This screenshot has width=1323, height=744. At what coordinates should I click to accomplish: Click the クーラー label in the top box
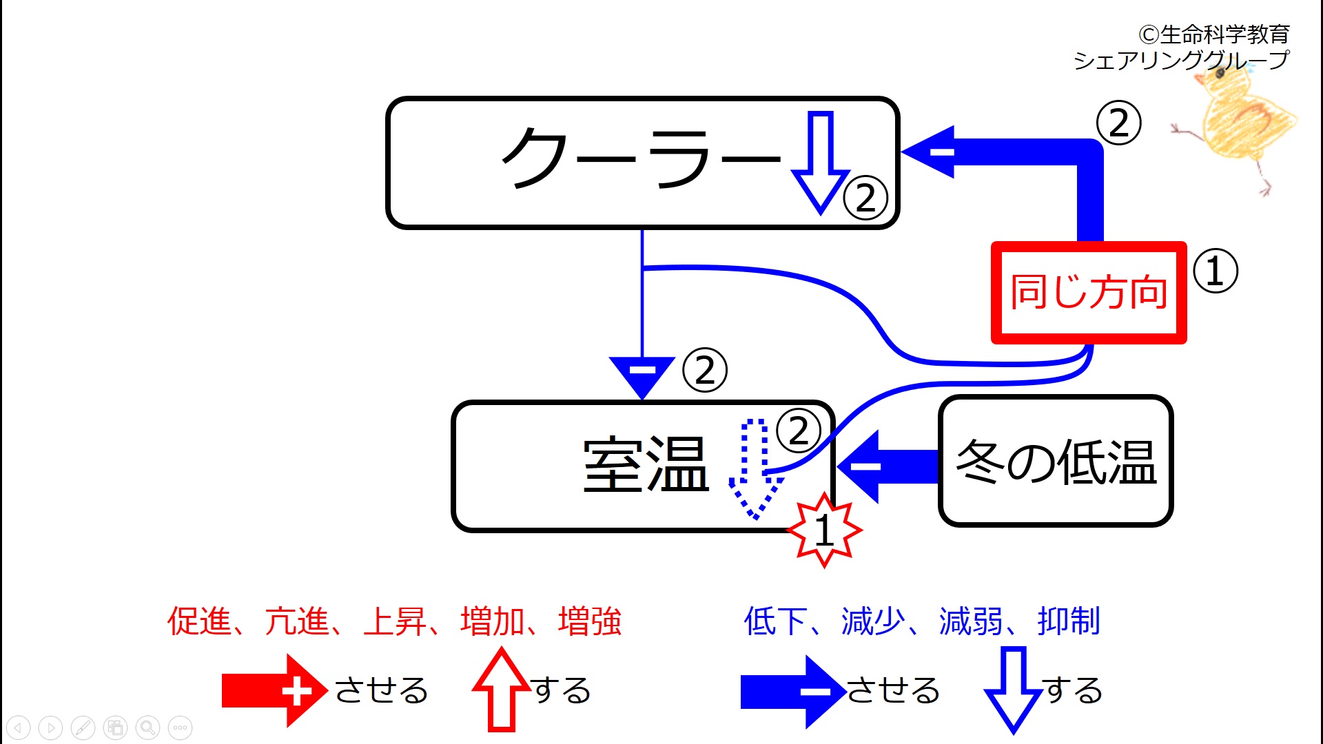point(641,158)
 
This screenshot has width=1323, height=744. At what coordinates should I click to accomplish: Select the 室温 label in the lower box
point(646,466)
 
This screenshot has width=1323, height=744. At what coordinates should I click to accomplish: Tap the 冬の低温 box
point(1056,461)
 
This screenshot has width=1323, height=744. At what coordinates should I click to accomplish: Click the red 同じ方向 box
point(1089,292)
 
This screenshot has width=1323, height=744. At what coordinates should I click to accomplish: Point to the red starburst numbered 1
point(824,530)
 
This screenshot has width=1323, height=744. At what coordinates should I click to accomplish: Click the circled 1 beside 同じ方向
point(1216,271)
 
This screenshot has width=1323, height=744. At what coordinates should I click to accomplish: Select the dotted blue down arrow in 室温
point(755,468)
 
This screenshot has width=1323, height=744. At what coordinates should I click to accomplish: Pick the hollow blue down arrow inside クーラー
point(821,163)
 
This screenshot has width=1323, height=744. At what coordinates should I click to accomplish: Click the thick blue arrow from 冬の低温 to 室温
point(888,466)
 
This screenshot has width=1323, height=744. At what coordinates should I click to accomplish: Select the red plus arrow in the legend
point(275,691)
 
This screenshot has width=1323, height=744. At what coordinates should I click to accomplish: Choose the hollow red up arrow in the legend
point(502,689)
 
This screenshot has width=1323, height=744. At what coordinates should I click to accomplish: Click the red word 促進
point(199,621)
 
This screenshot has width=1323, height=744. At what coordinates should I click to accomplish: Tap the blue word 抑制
point(1069,621)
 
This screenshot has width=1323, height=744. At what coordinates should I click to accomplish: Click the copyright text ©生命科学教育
point(1213,34)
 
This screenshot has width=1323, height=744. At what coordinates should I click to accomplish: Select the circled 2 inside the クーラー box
point(865,198)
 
